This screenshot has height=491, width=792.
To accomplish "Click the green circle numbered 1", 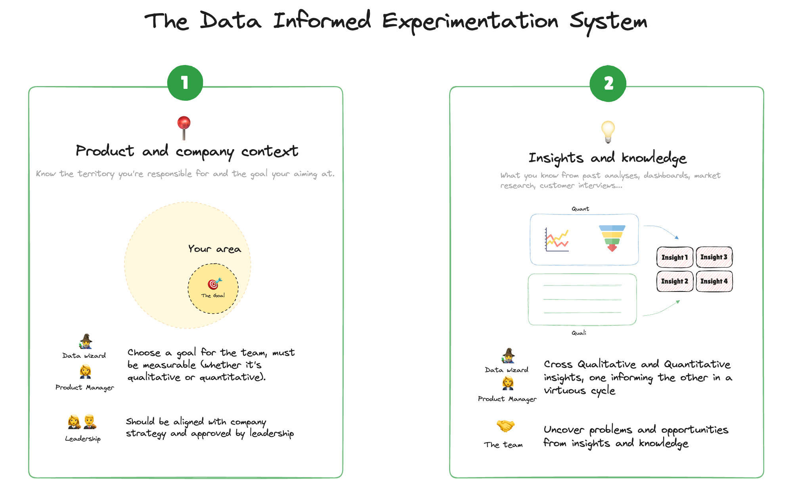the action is click(185, 83).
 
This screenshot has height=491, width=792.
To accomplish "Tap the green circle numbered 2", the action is click(608, 83).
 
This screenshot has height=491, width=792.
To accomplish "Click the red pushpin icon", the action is click(184, 127).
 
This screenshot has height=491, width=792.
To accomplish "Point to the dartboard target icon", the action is click(214, 284).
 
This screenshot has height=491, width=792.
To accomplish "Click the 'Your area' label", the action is click(214, 249).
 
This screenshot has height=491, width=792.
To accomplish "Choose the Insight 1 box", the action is click(675, 257).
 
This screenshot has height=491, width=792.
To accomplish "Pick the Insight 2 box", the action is click(675, 281).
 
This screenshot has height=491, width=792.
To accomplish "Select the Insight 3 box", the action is click(714, 257).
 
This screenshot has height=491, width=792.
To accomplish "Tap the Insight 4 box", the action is click(714, 281).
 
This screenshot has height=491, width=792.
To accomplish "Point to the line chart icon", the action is click(557, 240).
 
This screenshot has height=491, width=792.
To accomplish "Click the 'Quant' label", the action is click(580, 209).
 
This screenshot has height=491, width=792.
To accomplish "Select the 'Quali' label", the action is click(579, 333).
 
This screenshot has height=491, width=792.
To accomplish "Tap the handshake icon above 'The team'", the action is click(505, 426).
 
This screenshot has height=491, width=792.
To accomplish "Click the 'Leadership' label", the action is click(83, 439).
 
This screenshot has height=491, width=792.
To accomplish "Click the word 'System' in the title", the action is click(608, 21).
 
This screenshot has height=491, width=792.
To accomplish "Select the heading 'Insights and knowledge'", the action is click(607, 158).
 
